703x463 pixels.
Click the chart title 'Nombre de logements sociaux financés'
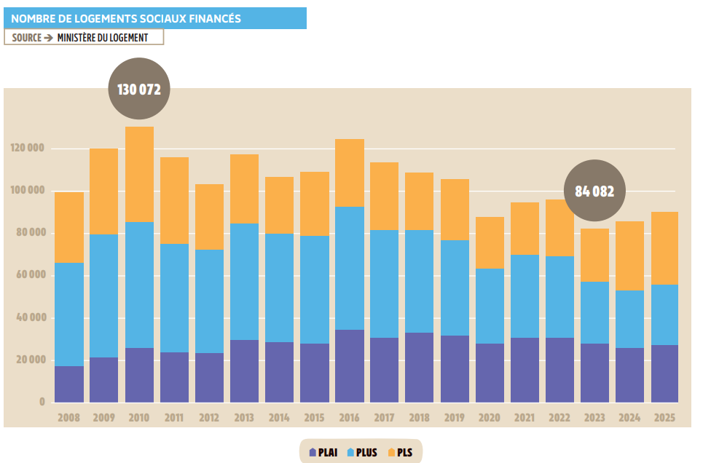point(126,18)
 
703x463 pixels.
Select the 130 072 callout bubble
point(138,90)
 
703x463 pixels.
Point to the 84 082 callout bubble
point(594,191)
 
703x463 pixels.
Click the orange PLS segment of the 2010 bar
point(139,175)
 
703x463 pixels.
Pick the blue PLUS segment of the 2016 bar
point(350,268)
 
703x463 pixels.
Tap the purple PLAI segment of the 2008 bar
point(69,384)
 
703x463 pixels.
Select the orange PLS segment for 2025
point(664,248)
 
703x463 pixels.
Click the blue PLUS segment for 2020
point(490,306)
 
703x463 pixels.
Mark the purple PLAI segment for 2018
point(420,368)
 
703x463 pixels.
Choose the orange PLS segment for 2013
point(245,189)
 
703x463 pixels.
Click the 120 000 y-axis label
point(28,149)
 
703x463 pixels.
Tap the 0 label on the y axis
point(42,402)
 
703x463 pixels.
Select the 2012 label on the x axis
point(209,418)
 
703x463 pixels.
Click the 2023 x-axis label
point(594,418)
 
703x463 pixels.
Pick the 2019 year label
point(455,418)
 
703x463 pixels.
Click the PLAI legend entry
point(323,452)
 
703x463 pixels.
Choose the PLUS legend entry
point(362,452)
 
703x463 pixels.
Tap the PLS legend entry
point(401,452)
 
